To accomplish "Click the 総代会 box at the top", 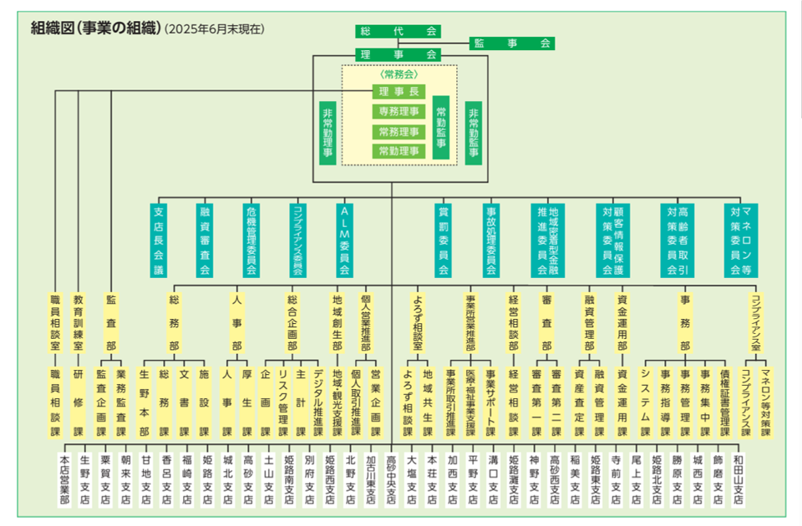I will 398,32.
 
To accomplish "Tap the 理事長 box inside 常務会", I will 398,93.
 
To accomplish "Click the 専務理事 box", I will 398,112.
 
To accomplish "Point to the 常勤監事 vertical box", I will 441,128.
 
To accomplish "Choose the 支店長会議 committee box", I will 159,240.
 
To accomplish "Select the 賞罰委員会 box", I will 444,240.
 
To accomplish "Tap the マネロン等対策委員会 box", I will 741,240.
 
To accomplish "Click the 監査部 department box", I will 110,321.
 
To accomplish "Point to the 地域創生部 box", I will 338,321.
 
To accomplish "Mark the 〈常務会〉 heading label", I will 398,75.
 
